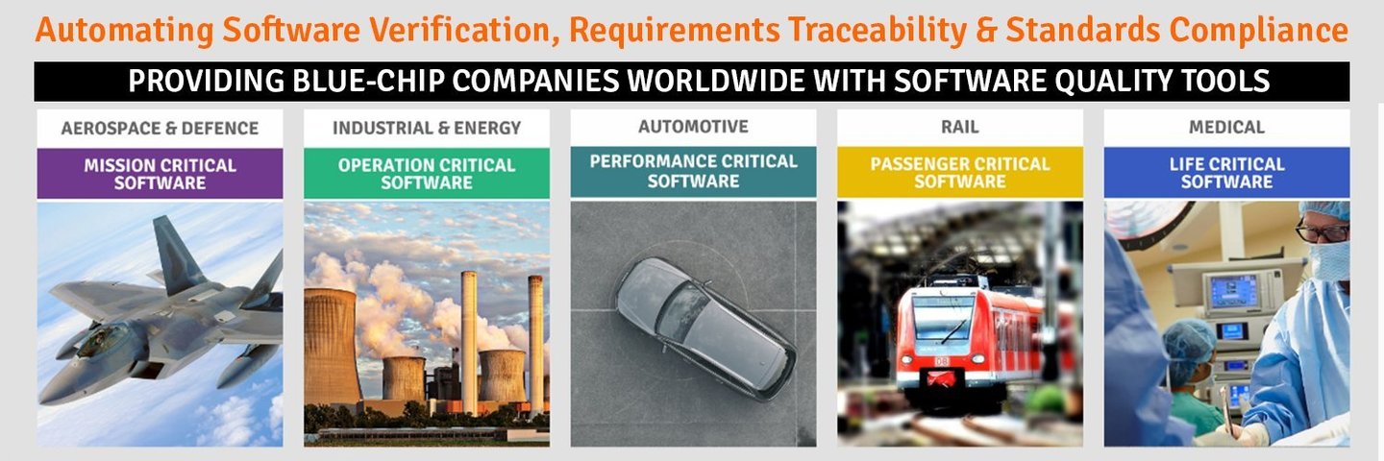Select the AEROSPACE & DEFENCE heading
pyautogui.click(x=160, y=129)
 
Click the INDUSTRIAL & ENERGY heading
pyautogui.click(x=427, y=129)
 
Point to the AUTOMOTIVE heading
pyautogui.click(x=693, y=127)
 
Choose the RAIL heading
pyautogui.click(x=960, y=127)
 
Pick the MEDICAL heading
pyautogui.click(x=1227, y=127)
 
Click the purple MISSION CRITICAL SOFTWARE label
pyautogui.click(x=160, y=174)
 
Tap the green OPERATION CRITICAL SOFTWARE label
pyautogui.click(x=427, y=174)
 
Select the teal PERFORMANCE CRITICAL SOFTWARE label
pyautogui.click(x=693, y=172)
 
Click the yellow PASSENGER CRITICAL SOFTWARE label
pyautogui.click(x=960, y=172)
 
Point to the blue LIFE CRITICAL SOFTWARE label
pyautogui.click(x=1227, y=172)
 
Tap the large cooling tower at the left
pyautogui.click(x=331, y=346)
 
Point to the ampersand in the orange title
pyautogui.click(x=986, y=30)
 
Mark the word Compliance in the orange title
pyautogui.click(x=1259, y=30)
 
